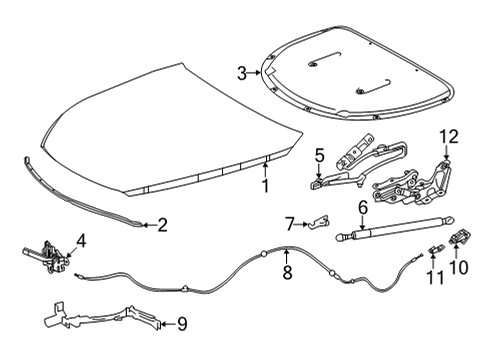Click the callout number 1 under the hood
tap(265, 185)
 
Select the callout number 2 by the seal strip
tap(162, 226)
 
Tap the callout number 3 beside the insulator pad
tap(241, 72)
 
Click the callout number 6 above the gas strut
tap(363, 207)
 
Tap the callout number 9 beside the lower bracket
tap(181, 323)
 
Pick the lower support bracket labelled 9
tap(100, 319)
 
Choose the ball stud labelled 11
tap(435, 249)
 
